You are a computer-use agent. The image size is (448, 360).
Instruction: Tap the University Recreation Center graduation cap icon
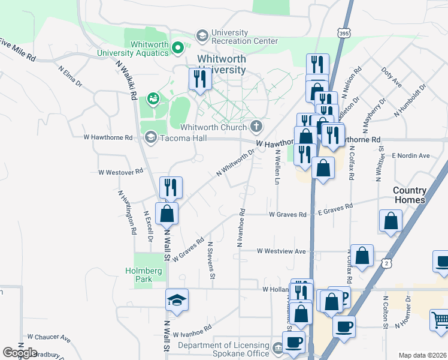(201, 36)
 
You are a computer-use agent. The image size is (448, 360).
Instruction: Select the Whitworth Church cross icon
(256, 126)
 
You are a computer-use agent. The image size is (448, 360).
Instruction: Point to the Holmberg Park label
(144, 275)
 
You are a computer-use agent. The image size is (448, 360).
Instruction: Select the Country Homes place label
(410, 195)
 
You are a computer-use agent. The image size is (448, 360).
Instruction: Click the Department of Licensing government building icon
(277, 349)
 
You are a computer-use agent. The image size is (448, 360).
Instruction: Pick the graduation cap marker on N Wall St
(177, 299)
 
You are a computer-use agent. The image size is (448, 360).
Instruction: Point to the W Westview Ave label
(281, 251)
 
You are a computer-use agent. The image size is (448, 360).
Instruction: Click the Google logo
(20, 352)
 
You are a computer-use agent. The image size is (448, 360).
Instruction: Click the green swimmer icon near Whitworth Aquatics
(153, 97)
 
